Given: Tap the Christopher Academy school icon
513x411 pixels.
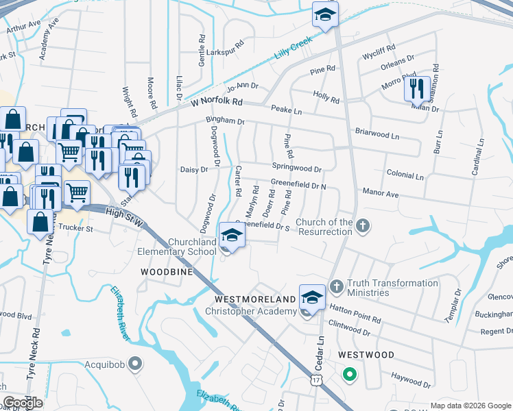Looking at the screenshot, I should coord(312,299).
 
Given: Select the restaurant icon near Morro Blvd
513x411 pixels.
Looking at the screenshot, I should coord(416,88).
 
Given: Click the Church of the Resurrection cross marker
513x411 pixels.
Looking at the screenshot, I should coord(363,225).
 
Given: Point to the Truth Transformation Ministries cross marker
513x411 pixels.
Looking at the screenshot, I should coord(336,285).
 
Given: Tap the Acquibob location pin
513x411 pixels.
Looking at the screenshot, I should coord(136,363).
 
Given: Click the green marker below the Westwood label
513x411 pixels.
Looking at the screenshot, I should coord(349,375).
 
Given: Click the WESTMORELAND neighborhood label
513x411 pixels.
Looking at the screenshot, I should coord(255,299).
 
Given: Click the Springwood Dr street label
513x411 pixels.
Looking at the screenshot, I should coord(296,168).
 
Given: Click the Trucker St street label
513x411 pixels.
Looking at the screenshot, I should coord(75,227).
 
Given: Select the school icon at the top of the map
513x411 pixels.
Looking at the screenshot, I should coord(325,15).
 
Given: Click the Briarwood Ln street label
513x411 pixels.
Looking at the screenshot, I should coord(377,134).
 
